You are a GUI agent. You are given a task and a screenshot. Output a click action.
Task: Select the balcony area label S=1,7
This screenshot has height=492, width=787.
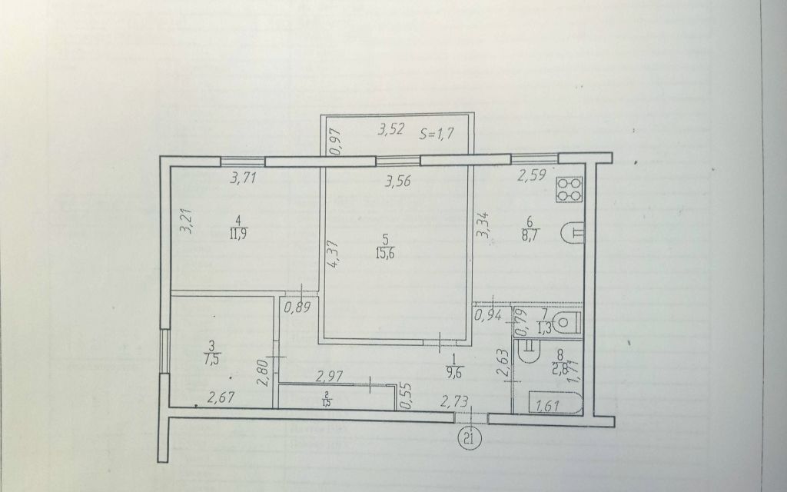(x=439, y=132)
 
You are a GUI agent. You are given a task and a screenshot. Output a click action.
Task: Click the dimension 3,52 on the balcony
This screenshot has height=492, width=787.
(x=390, y=129)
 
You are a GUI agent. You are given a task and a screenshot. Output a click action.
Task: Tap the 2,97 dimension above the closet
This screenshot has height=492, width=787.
(x=333, y=376)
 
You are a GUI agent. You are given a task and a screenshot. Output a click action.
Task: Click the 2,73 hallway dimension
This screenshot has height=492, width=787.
(x=454, y=400)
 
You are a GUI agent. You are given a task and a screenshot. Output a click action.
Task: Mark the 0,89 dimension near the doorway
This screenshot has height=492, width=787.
(x=297, y=309)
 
